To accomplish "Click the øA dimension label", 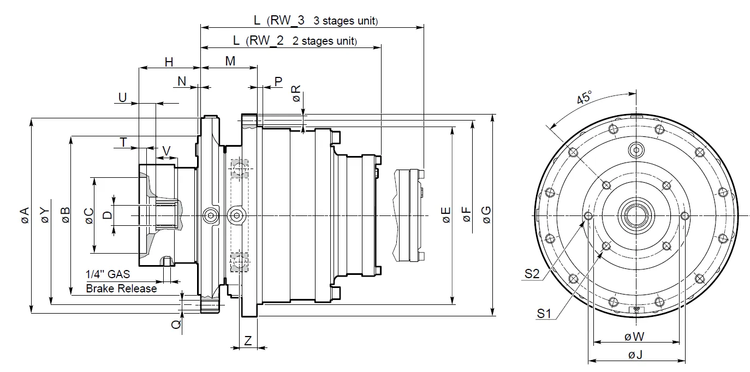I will [25, 215].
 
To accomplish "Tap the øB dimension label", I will [65, 215].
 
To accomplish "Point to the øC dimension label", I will [89, 215].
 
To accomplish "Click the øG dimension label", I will [486, 215].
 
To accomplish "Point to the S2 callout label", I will [532, 274].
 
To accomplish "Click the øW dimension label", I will [635, 337].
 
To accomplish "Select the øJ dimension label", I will [635, 355].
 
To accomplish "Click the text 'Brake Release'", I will [121, 289].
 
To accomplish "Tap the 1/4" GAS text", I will [108, 274].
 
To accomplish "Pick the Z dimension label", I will [248, 341].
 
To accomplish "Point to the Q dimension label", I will [176, 324].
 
